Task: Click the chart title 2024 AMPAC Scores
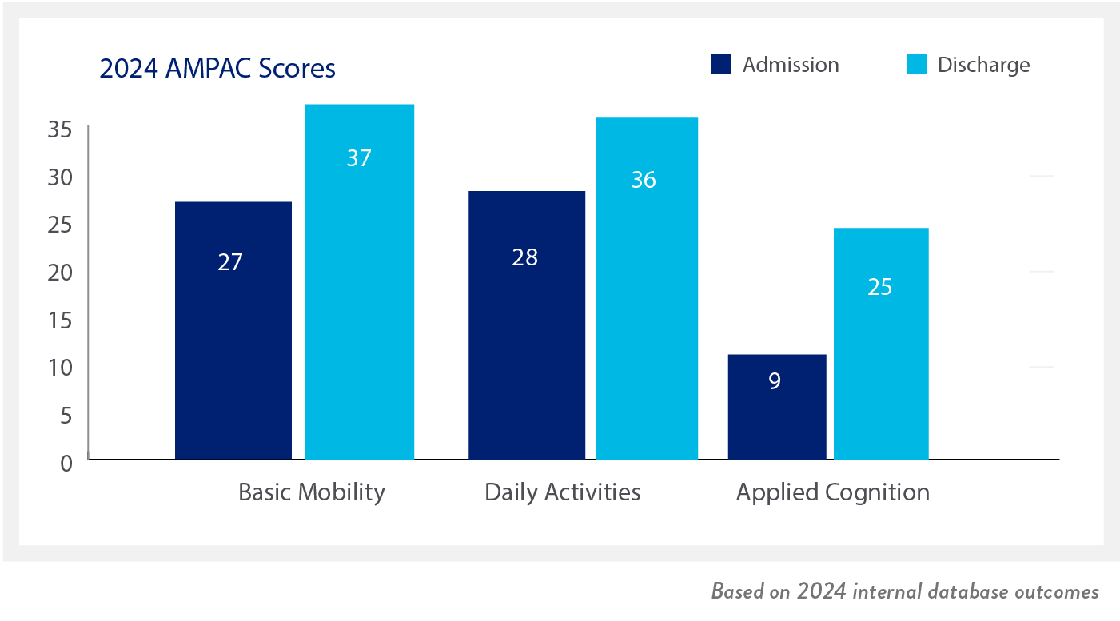click(217, 68)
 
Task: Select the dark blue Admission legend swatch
click(720, 64)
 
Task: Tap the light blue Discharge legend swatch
click(916, 64)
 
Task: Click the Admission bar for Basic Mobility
click(233, 331)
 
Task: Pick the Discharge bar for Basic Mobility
click(360, 282)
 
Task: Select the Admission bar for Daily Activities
click(527, 325)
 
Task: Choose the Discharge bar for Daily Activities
click(647, 289)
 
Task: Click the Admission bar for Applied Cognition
click(777, 407)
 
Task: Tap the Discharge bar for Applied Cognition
click(882, 344)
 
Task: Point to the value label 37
click(359, 158)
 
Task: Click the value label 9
click(775, 381)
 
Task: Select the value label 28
click(524, 257)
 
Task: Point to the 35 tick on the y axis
click(60, 129)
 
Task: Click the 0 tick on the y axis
click(66, 464)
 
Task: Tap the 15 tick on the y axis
click(60, 320)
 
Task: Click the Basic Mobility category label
click(312, 492)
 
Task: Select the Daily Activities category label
click(563, 492)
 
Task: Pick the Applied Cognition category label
click(832, 492)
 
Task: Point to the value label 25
click(880, 287)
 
